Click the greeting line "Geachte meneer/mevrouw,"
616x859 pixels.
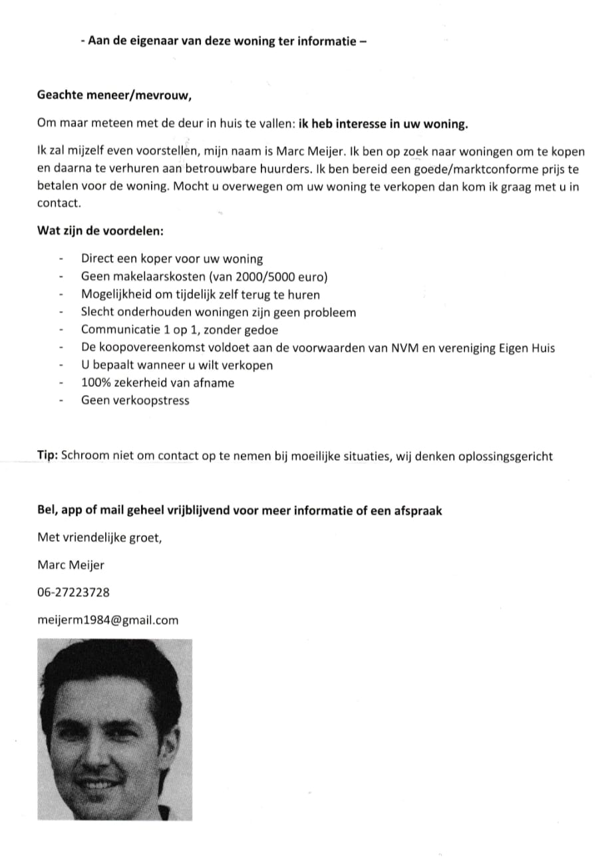click(x=114, y=94)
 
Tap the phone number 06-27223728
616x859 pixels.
click(x=73, y=592)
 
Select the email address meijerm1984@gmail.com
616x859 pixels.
click(x=108, y=620)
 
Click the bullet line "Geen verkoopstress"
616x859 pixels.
click(x=135, y=400)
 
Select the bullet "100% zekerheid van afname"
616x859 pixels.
click(x=158, y=382)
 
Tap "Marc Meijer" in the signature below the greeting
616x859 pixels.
click(x=71, y=565)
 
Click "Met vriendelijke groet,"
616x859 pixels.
click(x=99, y=537)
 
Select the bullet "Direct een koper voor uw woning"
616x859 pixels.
click(x=172, y=259)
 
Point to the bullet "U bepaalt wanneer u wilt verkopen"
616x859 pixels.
click(x=177, y=365)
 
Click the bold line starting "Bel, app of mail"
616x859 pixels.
click(x=239, y=511)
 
